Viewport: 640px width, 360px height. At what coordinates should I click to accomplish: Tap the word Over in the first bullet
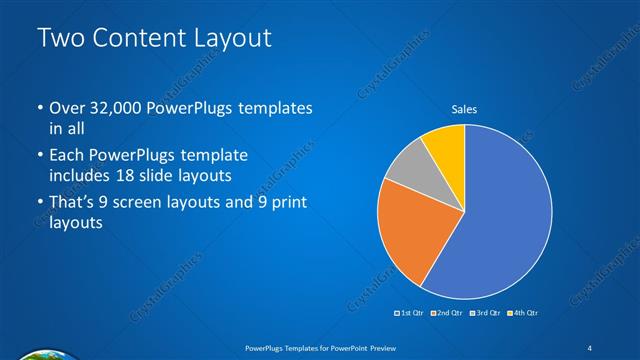click(x=67, y=108)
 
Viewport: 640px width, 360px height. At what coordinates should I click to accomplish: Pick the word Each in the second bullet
click(x=67, y=155)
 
